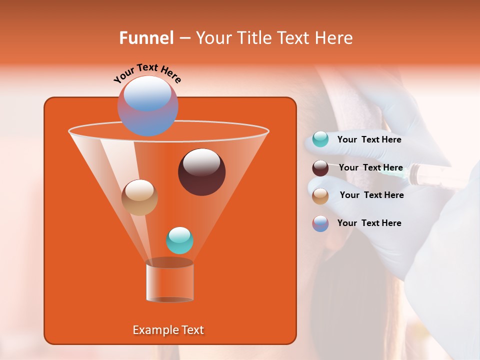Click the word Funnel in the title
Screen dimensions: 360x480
pos(146,38)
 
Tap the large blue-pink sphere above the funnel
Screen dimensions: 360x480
pos(148,106)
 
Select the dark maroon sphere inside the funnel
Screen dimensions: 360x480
pos(202,172)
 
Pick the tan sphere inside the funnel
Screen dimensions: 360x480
pos(139,197)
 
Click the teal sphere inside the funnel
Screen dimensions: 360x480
pos(179,240)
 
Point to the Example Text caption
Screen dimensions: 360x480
pos(168,330)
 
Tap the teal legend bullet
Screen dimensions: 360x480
pos(320,139)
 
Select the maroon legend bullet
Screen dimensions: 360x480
pos(320,168)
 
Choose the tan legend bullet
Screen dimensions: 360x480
pos(320,195)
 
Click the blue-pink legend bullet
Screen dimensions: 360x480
pos(320,223)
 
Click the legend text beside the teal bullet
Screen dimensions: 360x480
pos(369,140)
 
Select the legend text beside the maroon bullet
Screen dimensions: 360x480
pos(370,168)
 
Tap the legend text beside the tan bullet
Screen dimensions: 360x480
pos(371,195)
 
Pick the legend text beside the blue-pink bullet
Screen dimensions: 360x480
pos(369,223)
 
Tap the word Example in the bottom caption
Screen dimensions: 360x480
pos(152,330)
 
